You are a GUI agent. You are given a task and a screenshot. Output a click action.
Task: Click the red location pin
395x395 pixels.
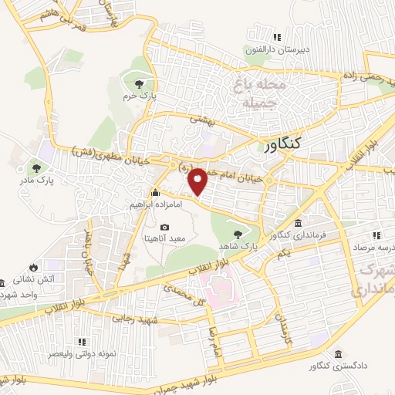pyautogui.click(x=197, y=181)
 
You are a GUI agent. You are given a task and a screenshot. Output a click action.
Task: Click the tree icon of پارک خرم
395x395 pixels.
pyautogui.click(x=139, y=84)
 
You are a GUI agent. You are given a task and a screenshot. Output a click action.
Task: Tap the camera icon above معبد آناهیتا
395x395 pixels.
pyautogui.click(x=164, y=227)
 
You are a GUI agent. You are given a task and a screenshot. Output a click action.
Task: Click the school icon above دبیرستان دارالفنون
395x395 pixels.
pyautogui.click(x=277, y=37)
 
